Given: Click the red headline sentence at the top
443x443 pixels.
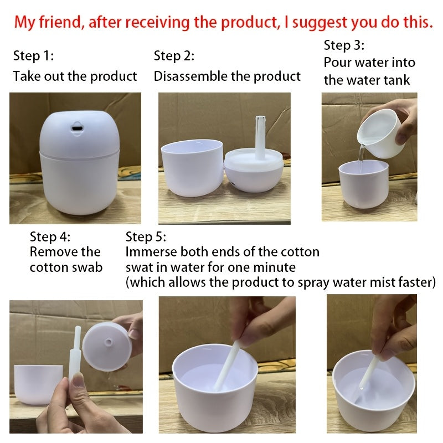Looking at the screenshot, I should [223, 23].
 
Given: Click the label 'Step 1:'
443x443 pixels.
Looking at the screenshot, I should [33, 56].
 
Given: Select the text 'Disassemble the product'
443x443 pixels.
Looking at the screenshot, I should [227, 76].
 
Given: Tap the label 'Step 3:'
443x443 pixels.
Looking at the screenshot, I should [344, 45].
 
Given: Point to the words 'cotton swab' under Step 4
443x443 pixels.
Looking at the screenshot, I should [66, 267].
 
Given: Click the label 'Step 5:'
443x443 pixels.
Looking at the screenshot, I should [146, 237].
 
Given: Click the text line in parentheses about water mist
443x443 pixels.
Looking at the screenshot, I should [281, 282].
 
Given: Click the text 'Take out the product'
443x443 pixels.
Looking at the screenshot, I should [75, 76].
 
